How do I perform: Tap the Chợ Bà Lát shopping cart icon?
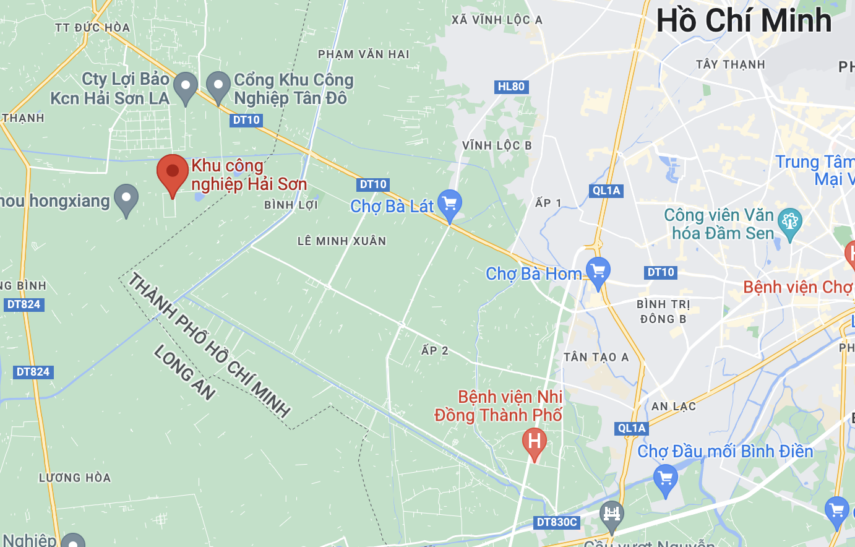[x=450, y=204]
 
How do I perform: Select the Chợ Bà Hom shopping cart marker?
[x=598, y=272]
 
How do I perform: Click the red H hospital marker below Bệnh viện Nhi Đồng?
[x=534, y=442]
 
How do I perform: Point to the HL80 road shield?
[x=511, y=87]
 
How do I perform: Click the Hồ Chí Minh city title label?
[x=744, y=20]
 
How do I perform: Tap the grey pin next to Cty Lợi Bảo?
[x=185, y=87]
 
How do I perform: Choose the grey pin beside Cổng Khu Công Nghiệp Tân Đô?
[x=218, y=87]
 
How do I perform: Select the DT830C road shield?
[x=557, y=522]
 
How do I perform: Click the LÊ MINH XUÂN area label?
[x=342, y=241]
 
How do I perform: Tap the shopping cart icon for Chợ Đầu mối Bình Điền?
[x=666, y=480]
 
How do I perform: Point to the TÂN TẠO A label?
[x=596, y=357]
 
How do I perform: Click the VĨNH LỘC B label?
[x=497, y=145]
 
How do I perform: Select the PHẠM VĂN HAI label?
[x=364, y=54]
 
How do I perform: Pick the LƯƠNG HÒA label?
[x=75, y=478]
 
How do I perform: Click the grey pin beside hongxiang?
[x=126, y=199]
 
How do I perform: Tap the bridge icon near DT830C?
[x=611, y=515]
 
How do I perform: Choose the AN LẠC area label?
[x=674, y=407]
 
